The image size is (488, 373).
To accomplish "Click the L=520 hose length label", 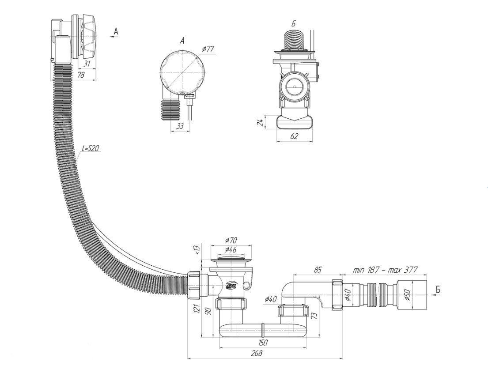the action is tap(90, 148).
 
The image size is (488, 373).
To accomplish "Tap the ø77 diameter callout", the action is tap(208, 49).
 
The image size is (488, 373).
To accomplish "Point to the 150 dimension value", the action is tap(263, 343).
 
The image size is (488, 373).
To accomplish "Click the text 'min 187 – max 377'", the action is tap(385, 270).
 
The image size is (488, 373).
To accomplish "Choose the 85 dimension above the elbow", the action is tap(318, 269).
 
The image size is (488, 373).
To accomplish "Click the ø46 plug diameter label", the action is tap(230, 249).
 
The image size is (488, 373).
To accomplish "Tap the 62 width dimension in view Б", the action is tap(294, 136).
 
